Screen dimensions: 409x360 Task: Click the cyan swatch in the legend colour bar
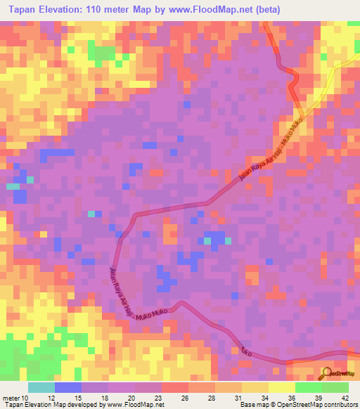coord(41,388)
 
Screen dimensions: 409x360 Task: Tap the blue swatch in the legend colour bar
coord(68,388)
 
